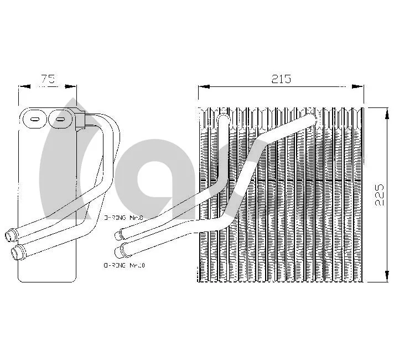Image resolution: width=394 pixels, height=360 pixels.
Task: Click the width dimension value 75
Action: click(48, 79)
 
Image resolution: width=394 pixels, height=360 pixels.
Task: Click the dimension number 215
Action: click(281, 79)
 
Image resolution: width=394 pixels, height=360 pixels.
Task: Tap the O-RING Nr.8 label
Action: click(123, 218)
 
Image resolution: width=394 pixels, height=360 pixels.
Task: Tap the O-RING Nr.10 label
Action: click(124, 266)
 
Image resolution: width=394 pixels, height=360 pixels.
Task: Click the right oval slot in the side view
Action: click(59, 118)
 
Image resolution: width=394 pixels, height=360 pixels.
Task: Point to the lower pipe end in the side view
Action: click(18, 254)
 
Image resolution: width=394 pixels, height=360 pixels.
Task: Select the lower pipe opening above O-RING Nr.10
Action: click(118, 251)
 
